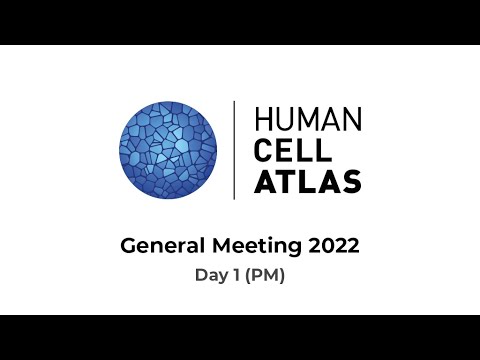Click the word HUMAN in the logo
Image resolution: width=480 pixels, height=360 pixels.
tap(307, 119)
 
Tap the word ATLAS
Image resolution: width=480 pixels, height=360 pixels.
tap(307, 182)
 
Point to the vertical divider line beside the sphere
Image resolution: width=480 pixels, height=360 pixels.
tap(234, 149)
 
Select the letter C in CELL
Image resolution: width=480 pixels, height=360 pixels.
tap(264, 150)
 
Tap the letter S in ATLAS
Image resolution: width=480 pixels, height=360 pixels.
tap(349, 182)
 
